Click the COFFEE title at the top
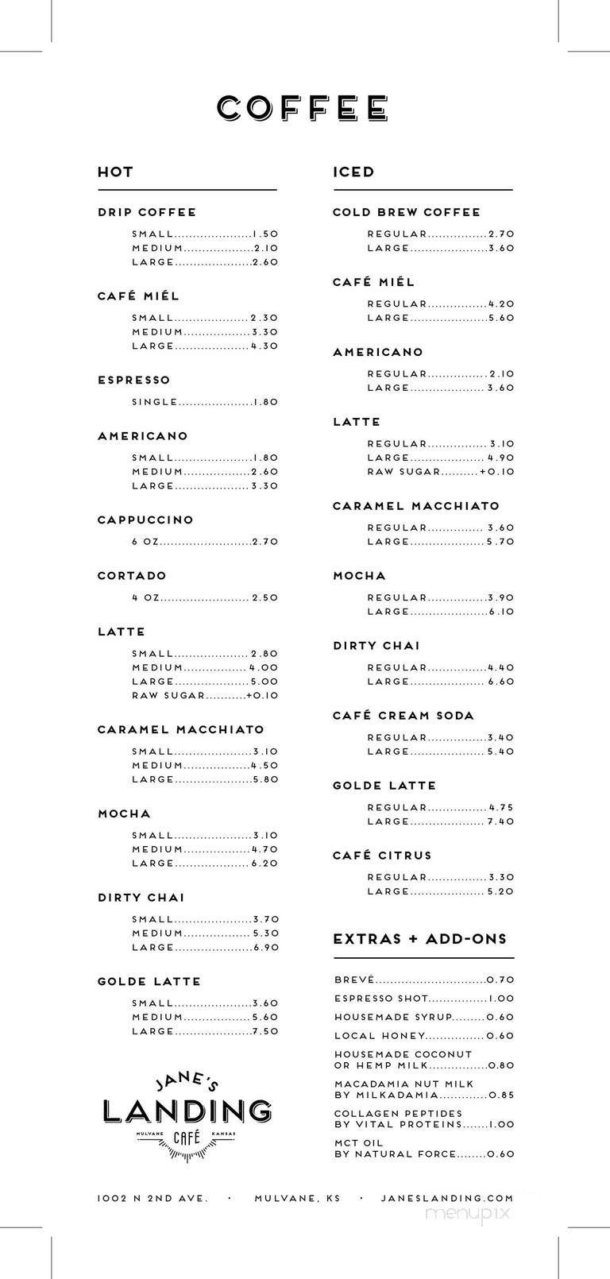(303, 108)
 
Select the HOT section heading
(115, 172)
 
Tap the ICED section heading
(353, 172)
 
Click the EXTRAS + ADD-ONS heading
(419, 939)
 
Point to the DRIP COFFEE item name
(147, 212)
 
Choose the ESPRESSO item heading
(133, 380)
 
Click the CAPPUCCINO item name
(145, 520)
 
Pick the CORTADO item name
(132, 575)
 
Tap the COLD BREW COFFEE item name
(407, 212)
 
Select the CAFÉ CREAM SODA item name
(403, 716)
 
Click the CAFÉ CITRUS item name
(382, 856)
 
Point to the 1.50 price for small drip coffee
(265, 234)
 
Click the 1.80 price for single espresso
(265, 402)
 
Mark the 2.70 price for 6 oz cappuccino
(265, 542)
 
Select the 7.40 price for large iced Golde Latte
(501, 821)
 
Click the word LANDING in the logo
(187, 1111)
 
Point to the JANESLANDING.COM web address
(447, 1198)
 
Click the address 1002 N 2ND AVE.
(152, 1198)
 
